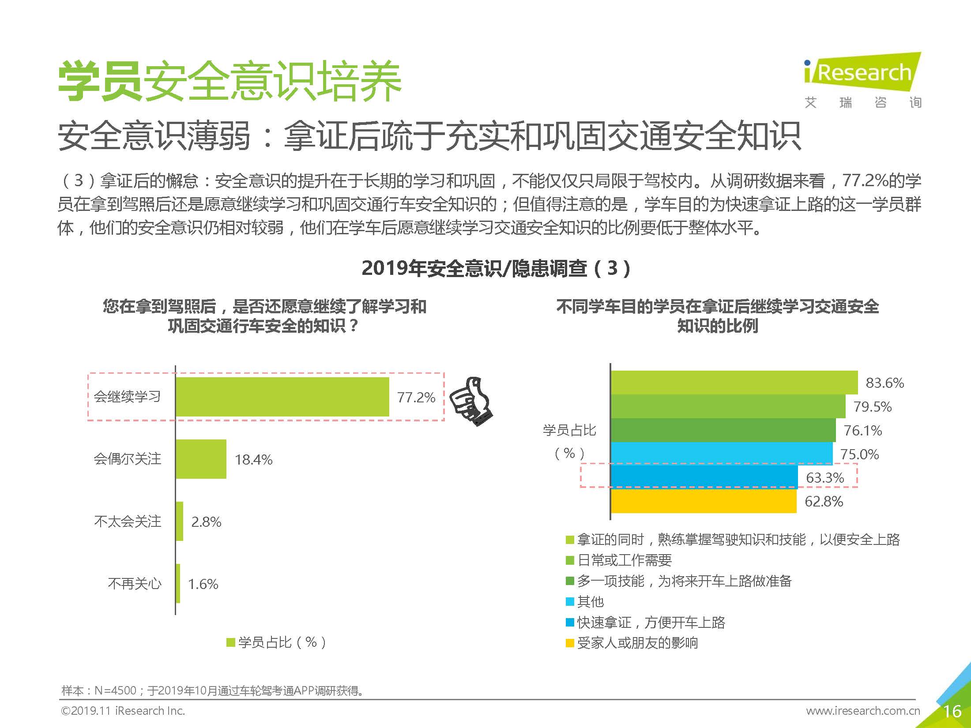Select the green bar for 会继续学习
coord(282,397)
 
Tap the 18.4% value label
coord(253,460)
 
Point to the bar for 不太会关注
coord(179,521)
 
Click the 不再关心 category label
coord(135,584)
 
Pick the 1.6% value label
coord(203,584)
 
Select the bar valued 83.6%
coord(734,383)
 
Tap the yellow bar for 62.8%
coord(704,501)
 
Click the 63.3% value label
coord(825,477)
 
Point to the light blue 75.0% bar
coord(721,454)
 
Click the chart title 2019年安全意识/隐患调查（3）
coord(496,268)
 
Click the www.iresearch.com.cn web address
coord(863,711)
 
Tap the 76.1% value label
coord(862,430)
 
